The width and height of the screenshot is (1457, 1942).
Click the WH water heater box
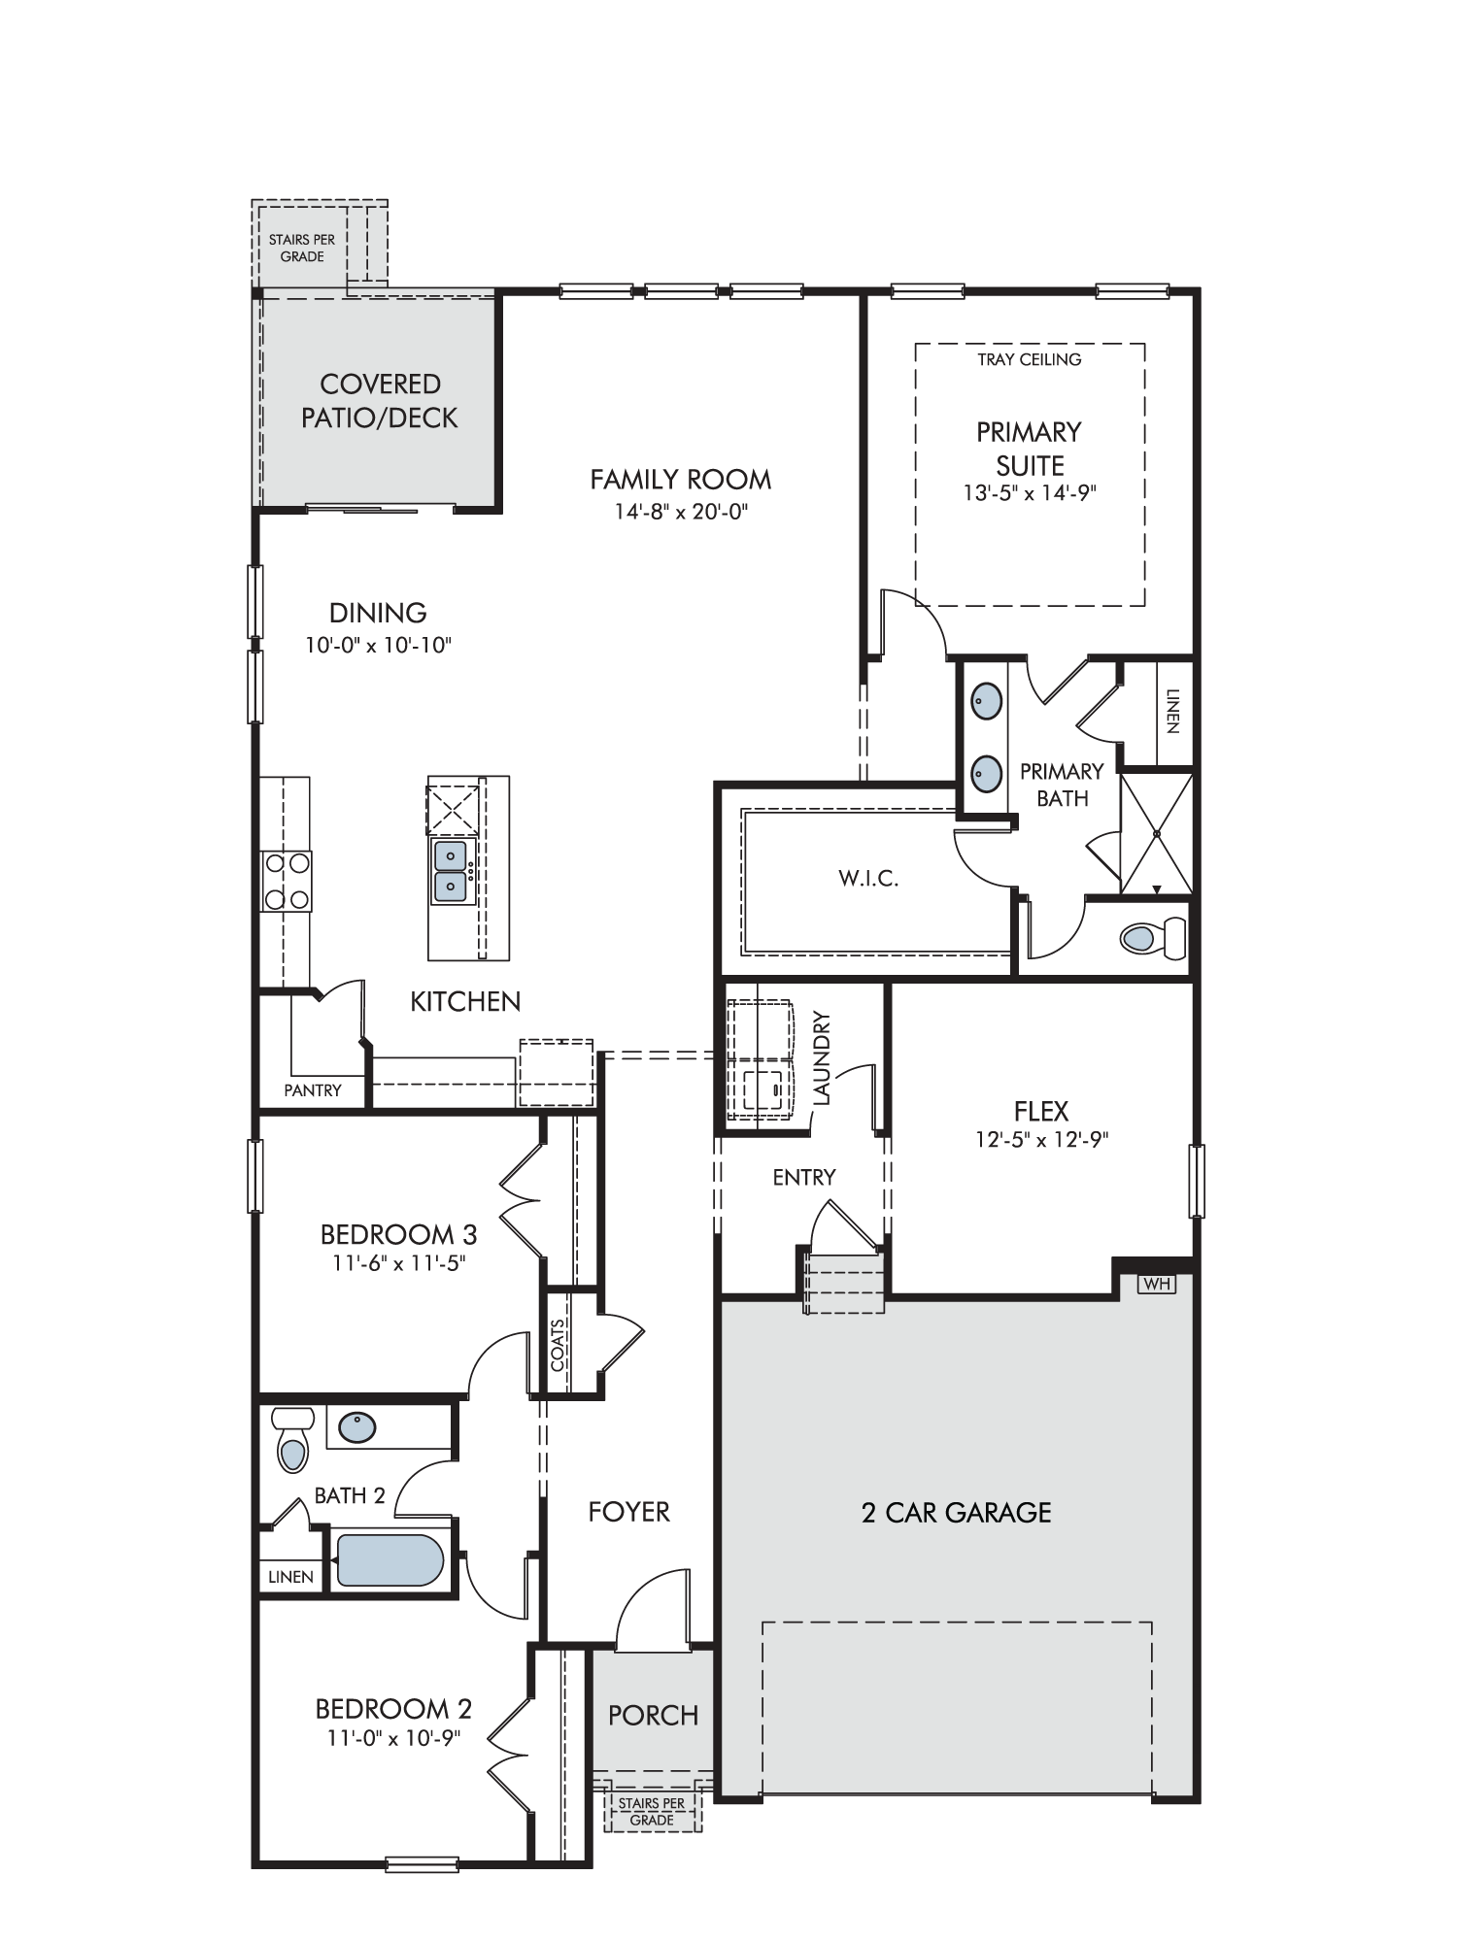(x=1156, y=1284)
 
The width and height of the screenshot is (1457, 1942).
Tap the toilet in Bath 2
(x=292, y=1440)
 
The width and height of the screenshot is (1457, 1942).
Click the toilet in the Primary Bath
(x=1153, y=938)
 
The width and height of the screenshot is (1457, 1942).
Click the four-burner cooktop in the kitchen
(x=287, y=882)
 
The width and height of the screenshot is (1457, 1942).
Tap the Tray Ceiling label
(x=1030, y=359)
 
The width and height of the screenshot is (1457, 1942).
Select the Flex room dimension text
(x=1042, y=1139)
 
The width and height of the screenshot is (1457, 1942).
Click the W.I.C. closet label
(x=868, y=880)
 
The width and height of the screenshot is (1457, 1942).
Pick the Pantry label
(x=313, y=1090)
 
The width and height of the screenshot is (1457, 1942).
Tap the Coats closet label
(x=558, y=1345)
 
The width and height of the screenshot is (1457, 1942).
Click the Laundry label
(x=823, y=1058)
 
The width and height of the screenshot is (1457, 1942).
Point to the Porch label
(x=654, y=1716)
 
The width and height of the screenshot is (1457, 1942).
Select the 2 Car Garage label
(x=957, y=1513)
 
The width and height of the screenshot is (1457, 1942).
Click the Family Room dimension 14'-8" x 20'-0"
(x=681, y=511)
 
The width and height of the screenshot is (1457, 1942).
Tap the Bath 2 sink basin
(x=356, y=1426)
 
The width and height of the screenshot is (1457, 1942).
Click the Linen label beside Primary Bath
(x=1172, y=712)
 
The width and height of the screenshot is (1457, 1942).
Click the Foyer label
(x=629, y=1512)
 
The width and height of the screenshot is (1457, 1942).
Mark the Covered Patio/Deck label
(x=380, y=400)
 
